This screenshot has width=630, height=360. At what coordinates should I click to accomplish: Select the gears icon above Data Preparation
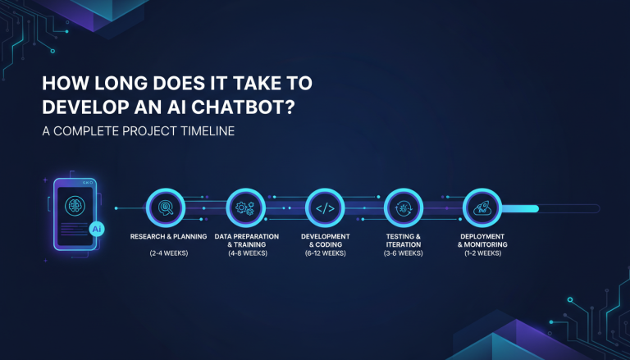point(246,208)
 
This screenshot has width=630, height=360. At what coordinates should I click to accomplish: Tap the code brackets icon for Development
point(325,208)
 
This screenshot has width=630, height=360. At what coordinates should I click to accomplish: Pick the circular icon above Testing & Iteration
point(404,208)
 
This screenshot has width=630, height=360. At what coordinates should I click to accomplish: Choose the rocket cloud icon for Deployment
point(482,208)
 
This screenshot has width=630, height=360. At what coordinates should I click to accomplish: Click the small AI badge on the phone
point(97,230)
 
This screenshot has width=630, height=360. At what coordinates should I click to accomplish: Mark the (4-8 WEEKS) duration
point(246,254)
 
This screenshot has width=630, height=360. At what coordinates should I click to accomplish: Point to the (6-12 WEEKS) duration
point(325,254)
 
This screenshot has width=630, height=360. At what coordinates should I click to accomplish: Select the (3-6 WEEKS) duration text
point(404,254)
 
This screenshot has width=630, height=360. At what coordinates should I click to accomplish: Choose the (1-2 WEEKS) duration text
point(482,254)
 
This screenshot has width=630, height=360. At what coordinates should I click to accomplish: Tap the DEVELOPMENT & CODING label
point(325,240)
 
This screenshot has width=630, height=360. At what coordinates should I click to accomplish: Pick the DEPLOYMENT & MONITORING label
point(482,240)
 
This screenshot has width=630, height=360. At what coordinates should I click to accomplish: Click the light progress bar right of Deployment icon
point(520,208)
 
